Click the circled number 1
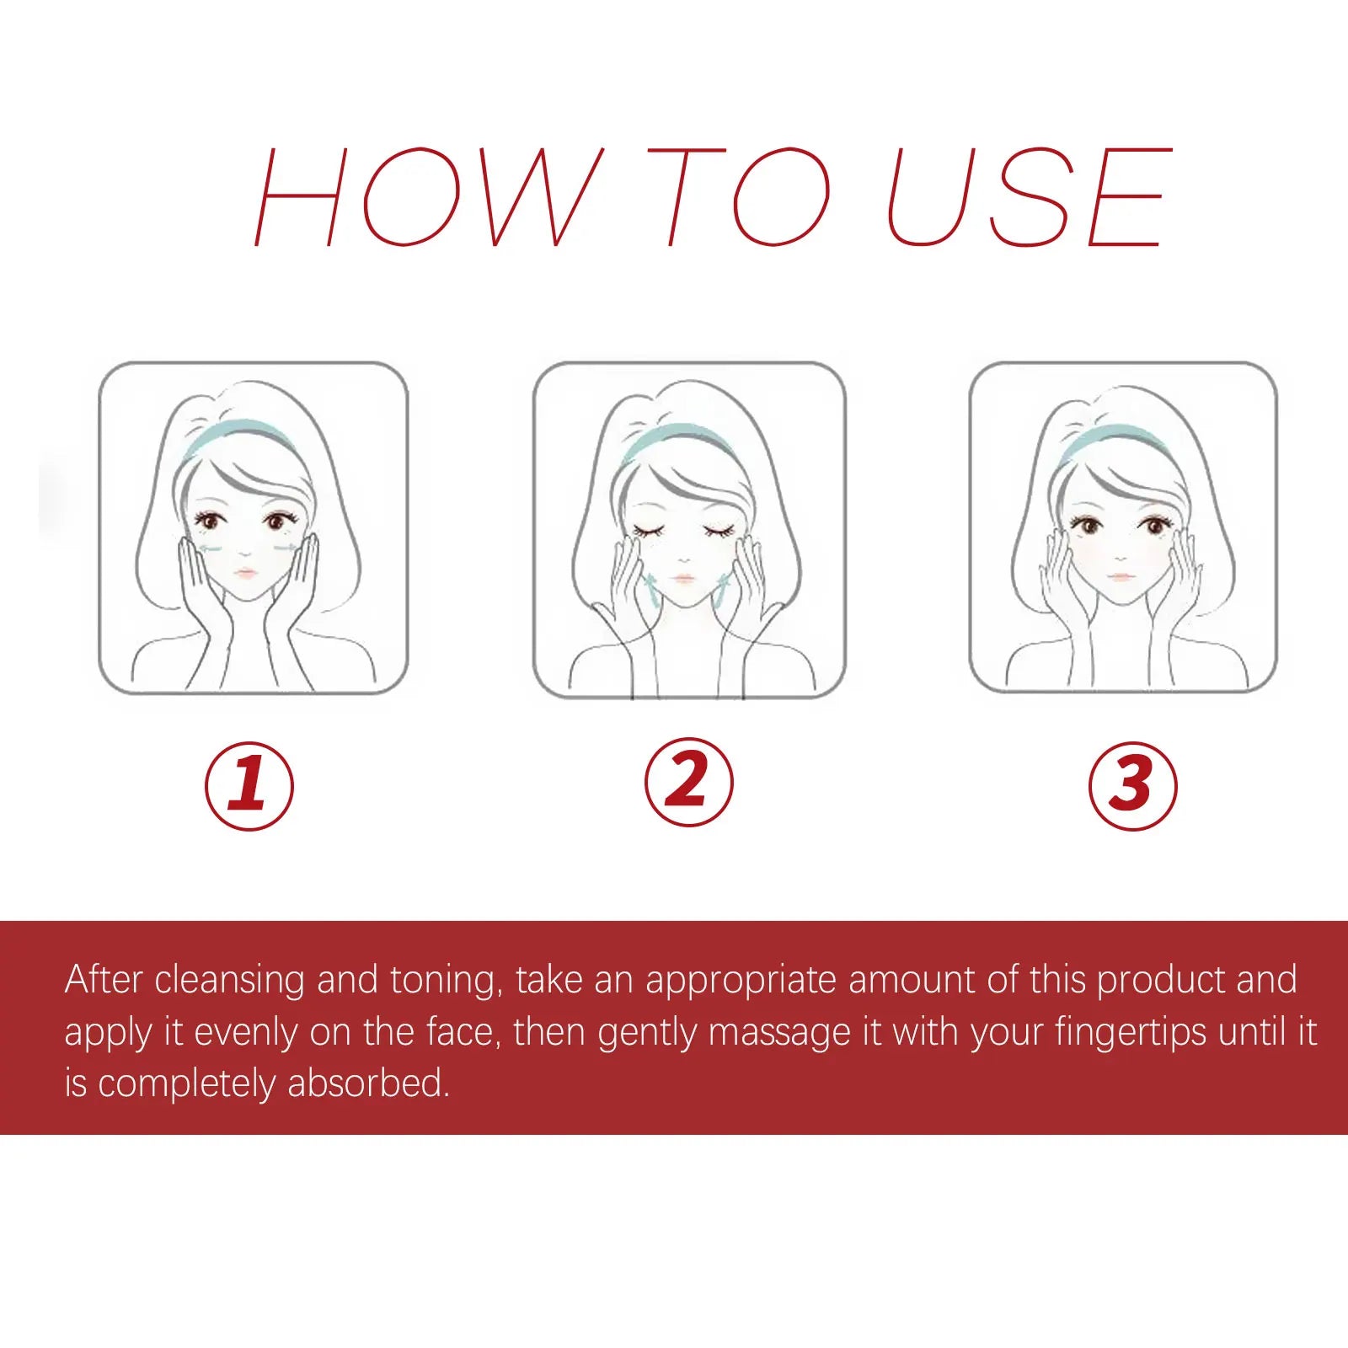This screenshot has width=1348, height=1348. click(x=249, y=785)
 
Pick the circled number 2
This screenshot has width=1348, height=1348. click(x=689, y=782)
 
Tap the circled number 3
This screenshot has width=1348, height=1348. click(x=1132, y=785)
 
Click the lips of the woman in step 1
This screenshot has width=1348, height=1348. click(x=245, y=573)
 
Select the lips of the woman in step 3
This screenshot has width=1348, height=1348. click(x=1120, y=576)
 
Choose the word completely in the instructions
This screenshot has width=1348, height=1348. click(x=186, y=1084)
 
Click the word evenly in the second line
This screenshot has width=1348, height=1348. click(x=245, y=1033)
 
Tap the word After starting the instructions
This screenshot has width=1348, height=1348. click(x=102, y=980)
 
